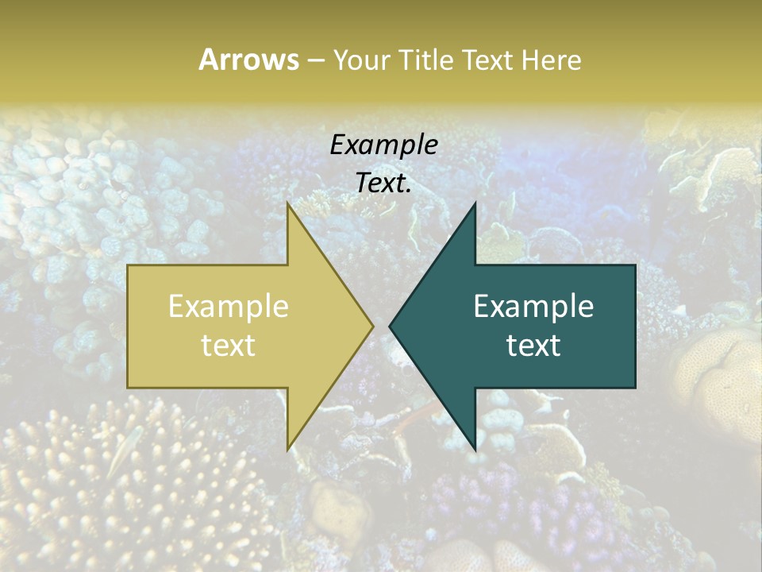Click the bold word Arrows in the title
pos(248,60)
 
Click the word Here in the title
pos(554,60)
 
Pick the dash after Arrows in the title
pos(315,60)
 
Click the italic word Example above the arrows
pos(384,145)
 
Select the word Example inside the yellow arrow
pos(229,307)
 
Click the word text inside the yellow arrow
pos(229,345)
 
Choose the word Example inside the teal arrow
pos(533,307)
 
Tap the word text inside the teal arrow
pos(533,345)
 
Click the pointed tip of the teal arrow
pos(391,326)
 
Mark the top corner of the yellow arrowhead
pos(288,206)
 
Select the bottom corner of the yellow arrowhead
pos(288,448)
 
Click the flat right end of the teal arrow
pos(634,326)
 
